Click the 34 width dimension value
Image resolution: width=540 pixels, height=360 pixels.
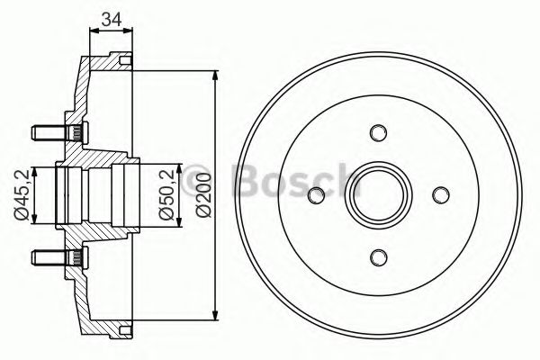[x=112, y=17]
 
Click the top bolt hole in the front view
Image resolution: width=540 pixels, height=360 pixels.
[x=377, y=132]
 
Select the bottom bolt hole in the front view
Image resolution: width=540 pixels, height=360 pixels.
[x=377, y=256]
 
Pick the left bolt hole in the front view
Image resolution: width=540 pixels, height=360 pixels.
[x=315, y=194]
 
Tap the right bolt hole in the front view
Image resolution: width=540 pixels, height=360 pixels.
[x=439, y=194]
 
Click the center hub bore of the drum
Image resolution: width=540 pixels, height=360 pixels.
[x=377, y=194]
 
